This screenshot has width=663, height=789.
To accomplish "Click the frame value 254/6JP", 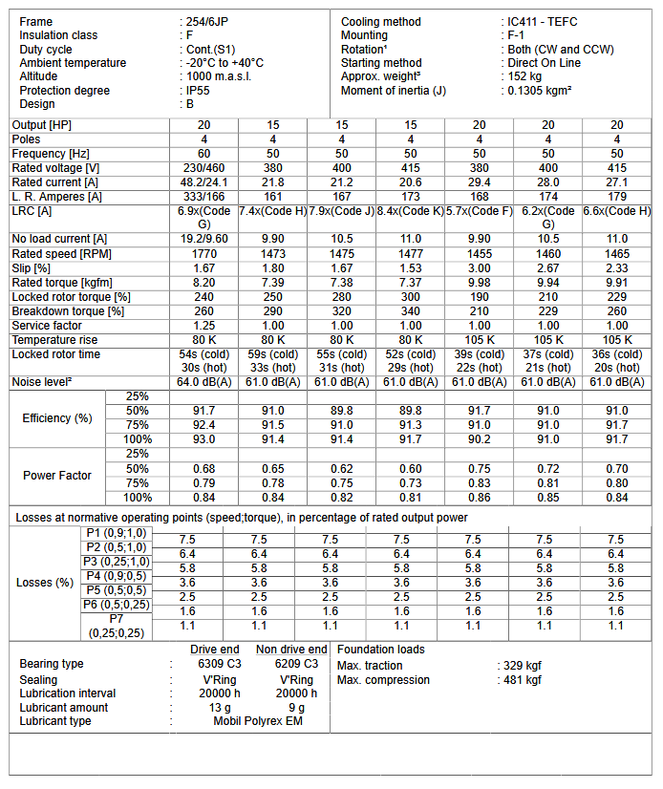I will tap(205, 21).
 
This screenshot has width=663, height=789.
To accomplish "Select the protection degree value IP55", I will tap(198, 91).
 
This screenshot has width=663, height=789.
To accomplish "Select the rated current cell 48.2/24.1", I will tap(204, 181).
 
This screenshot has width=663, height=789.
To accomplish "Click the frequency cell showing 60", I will tap(204, 153).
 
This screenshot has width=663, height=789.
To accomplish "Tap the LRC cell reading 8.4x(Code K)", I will tap(411, 210).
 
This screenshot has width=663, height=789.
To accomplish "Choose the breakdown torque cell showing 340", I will tap(411, 311).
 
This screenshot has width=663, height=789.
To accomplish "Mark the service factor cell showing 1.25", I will tap(204, 326).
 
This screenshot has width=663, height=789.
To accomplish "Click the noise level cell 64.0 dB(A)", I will tap(204, 382).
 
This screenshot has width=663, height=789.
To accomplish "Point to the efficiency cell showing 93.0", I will tap(204, 439).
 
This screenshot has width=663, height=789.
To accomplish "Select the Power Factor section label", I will tap(57, 476).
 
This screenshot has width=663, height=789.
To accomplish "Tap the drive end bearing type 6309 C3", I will tap(219, 663).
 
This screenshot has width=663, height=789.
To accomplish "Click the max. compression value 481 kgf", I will tap(522, 680).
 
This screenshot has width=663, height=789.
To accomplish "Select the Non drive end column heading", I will tap(290, 649).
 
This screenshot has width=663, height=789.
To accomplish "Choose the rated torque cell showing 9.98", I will tap(480, 283).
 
